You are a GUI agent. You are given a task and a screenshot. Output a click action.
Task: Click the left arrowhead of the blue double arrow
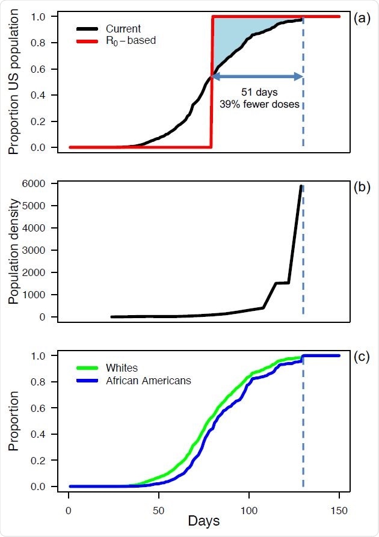pyautogui.click(x=215, y=76)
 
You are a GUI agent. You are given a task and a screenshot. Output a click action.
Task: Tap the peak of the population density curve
pyautogui.click(x=301, y=186)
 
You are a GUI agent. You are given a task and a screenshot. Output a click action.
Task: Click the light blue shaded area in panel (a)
pyautogui.click(x=241, y=36)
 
